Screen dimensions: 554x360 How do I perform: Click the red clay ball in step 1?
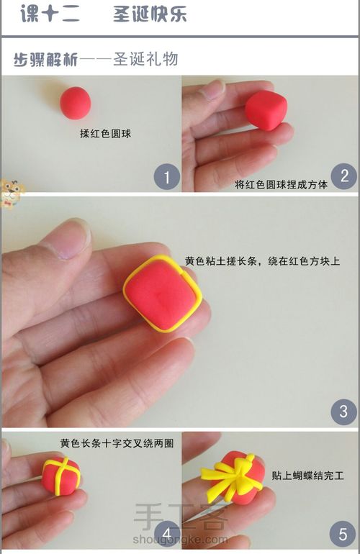tap(75, 102)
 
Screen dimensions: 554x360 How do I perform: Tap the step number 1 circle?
tap(167, 176)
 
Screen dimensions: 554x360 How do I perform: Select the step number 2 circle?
tap(344, 176)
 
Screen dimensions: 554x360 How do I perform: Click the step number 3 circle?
tap(343, 412)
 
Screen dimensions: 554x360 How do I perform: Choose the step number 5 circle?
tap(343, 535)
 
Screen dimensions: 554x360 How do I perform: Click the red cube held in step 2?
tap(266, 110)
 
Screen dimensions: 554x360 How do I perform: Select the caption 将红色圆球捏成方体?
tap(281, 184)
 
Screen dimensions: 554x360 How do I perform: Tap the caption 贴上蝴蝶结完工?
tap(308, 476)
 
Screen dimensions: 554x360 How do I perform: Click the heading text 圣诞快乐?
tap(150, 14)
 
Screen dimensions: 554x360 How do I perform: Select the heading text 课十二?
tap(50, 14)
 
